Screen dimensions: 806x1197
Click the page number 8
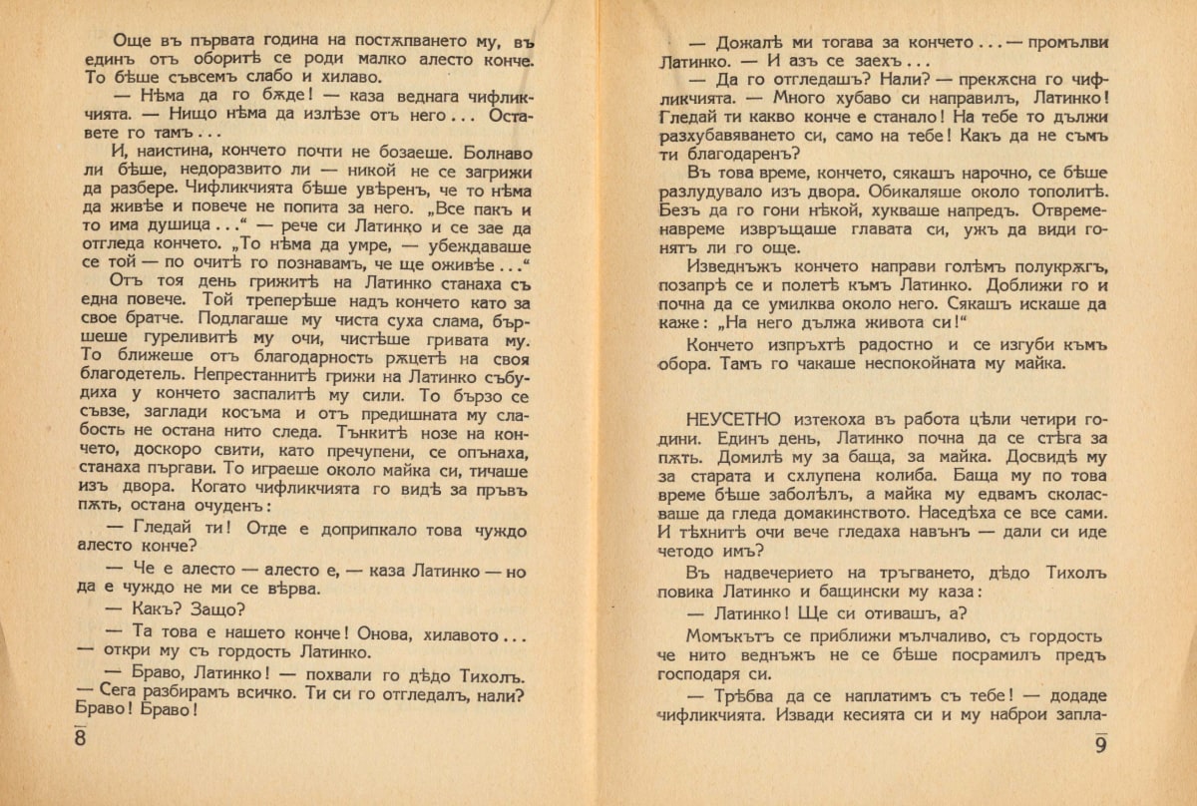pyautogui.click(x=80, y=739)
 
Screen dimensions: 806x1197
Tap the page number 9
pyautogui.click(x=1101, y=744)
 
